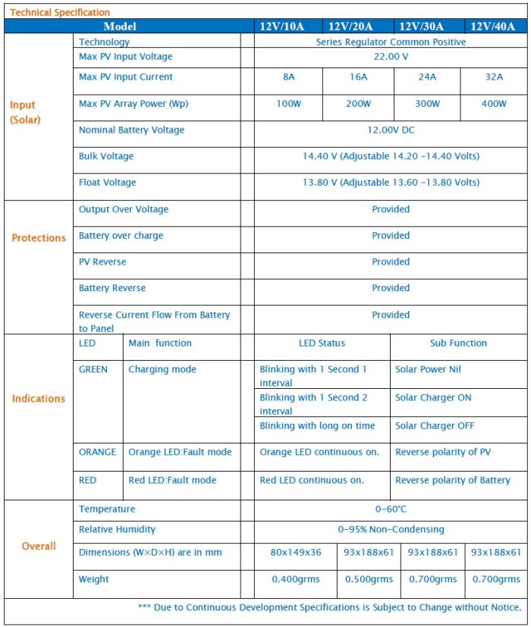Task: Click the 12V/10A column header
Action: click(x=281, y=27)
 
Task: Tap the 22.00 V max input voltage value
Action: click(x=391, y=57)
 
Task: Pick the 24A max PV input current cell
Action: click(x=427, y=77)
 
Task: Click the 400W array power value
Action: click(x=494, y=104)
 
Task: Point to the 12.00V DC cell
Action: click(x=391, y=130)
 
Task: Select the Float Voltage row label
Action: click(x=108, y=183)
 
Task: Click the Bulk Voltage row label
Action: click(x=106, y=156)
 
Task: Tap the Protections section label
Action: click(x=39, y=238)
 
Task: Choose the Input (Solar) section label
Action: click(x=25, y=112)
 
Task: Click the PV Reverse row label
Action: click(x=102, y=262)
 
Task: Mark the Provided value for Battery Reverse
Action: click(x=391, y=288)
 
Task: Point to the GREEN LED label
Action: click(x=93, y=370)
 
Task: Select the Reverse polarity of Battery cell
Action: click(x=453, y=481)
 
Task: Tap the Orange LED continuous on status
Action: click(x=319, y=453)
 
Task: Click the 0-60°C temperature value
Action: click(x=391, y=509)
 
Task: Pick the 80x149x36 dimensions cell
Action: click(x=294, y=553)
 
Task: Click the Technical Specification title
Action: click(x=60, y=12)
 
